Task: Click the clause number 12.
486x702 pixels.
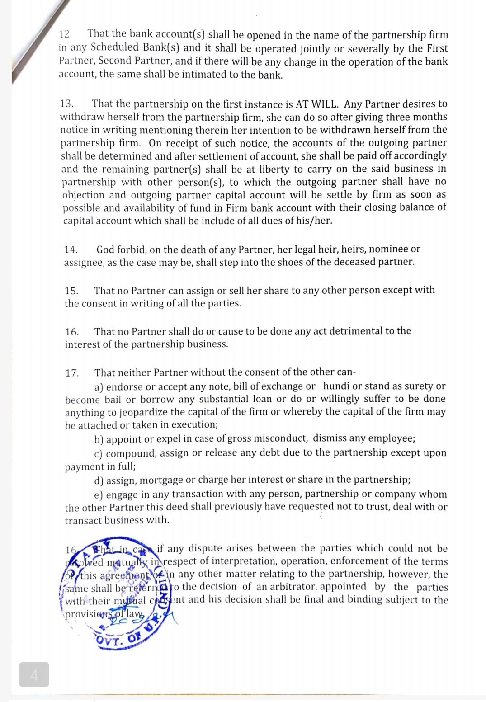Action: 66,34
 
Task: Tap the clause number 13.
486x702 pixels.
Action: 67,104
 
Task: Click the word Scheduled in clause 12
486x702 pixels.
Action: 115,47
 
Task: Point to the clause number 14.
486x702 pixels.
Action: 71,250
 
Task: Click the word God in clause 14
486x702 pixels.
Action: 105,250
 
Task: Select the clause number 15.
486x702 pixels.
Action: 71,291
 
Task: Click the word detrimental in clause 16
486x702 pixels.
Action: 356,331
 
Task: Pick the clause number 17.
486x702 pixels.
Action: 72,373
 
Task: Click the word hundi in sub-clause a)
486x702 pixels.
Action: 337,386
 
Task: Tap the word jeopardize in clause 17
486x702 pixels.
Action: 146,412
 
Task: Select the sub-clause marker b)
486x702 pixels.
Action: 99,439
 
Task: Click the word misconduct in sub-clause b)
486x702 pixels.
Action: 281,438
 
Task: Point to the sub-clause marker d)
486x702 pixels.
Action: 99,480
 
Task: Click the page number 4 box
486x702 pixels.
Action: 34,675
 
